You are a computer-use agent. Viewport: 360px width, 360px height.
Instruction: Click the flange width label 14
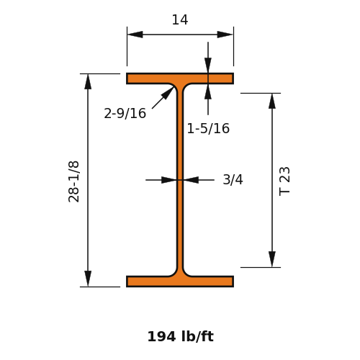click(180, 19)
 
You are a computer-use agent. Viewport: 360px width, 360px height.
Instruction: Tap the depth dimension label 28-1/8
click(73, 181)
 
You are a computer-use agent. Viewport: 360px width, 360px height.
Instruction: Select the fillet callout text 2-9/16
click(125, 113)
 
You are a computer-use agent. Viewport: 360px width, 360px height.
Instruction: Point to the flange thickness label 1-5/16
click(208, 128)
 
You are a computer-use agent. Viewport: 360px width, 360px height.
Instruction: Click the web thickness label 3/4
click(233, 179)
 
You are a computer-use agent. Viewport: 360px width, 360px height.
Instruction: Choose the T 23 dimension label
click(284, 181)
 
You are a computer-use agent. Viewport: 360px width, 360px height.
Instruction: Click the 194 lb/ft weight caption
click(181, 336)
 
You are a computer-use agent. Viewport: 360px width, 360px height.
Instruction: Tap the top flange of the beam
click(180, 78)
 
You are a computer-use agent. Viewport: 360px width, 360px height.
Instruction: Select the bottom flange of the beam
click(180, 282)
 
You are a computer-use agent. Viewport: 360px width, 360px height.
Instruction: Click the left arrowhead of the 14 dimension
click(135, 35)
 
